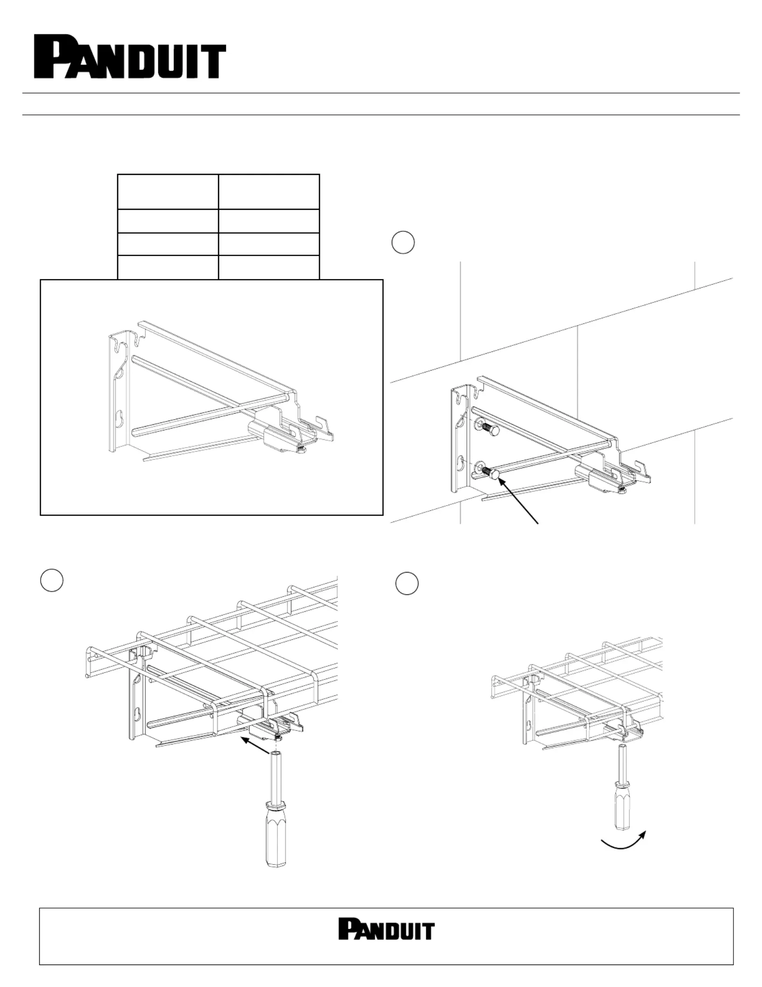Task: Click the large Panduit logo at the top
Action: coord(130,57)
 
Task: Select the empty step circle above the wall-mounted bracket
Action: coord(403,243)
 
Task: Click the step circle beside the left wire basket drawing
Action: coord(52,581)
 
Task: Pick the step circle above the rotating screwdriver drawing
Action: coord(407,583)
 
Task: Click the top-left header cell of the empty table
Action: coord(168,192)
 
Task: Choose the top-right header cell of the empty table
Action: coord(269,192)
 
